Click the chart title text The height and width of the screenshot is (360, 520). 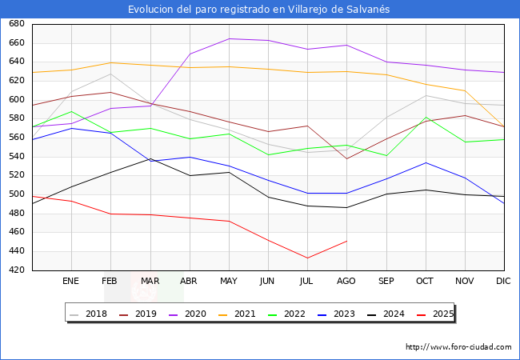pos(259,9)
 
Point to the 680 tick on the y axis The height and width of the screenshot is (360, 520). pos(15,24)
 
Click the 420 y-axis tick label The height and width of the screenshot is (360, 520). pos(15,270)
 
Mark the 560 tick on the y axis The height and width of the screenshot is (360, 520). pos(15,138)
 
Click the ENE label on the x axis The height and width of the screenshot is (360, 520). pos(70,282)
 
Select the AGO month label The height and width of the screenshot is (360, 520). pos(346,282)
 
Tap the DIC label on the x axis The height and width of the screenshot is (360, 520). pos(503,282)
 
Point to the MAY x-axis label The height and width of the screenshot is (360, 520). pos(228,282)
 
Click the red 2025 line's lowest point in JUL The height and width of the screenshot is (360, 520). pos(306,258)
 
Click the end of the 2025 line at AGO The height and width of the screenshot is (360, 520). pos(346,241)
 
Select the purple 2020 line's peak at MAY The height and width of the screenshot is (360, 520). pos(229,38)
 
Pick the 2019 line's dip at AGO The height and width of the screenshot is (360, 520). pos(346,158)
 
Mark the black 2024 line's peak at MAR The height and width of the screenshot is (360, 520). pos(150,158)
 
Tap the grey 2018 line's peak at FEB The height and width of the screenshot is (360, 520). pos(110,74)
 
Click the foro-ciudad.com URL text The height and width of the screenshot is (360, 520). pos(458,347)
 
